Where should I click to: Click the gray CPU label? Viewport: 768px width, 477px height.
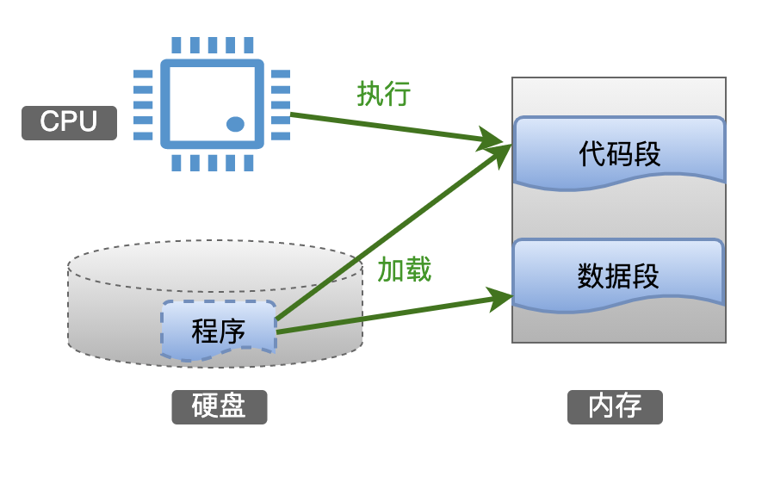click(x=69, y=122)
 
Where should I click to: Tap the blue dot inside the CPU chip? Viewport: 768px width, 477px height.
click(x=235, y=124)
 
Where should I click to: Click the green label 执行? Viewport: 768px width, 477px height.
click(x=383, y=94)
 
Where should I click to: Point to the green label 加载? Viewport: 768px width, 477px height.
click(x=405, y=270)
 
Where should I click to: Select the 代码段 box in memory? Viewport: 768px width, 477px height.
click(x=619, y=152)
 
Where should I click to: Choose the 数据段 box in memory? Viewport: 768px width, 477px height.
click(x=619, y=275)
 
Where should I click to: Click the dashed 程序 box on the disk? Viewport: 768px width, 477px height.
click(x=219, y=330)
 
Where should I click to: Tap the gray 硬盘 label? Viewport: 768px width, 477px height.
click(x=219, y=406)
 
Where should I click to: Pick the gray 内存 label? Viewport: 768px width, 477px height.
click(x=615, y=406)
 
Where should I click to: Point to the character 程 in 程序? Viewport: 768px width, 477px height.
click(x=205, y=331)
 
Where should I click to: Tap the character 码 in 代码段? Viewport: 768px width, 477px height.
click(x=619, y=154)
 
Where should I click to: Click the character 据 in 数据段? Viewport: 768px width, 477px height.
click(x=619, y=276)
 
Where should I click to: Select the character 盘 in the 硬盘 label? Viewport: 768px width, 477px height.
click(x=232, y=406)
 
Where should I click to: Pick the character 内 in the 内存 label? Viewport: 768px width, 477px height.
click(x=601, y=406)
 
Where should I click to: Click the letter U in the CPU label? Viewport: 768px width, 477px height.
click(x=87, y=122)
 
